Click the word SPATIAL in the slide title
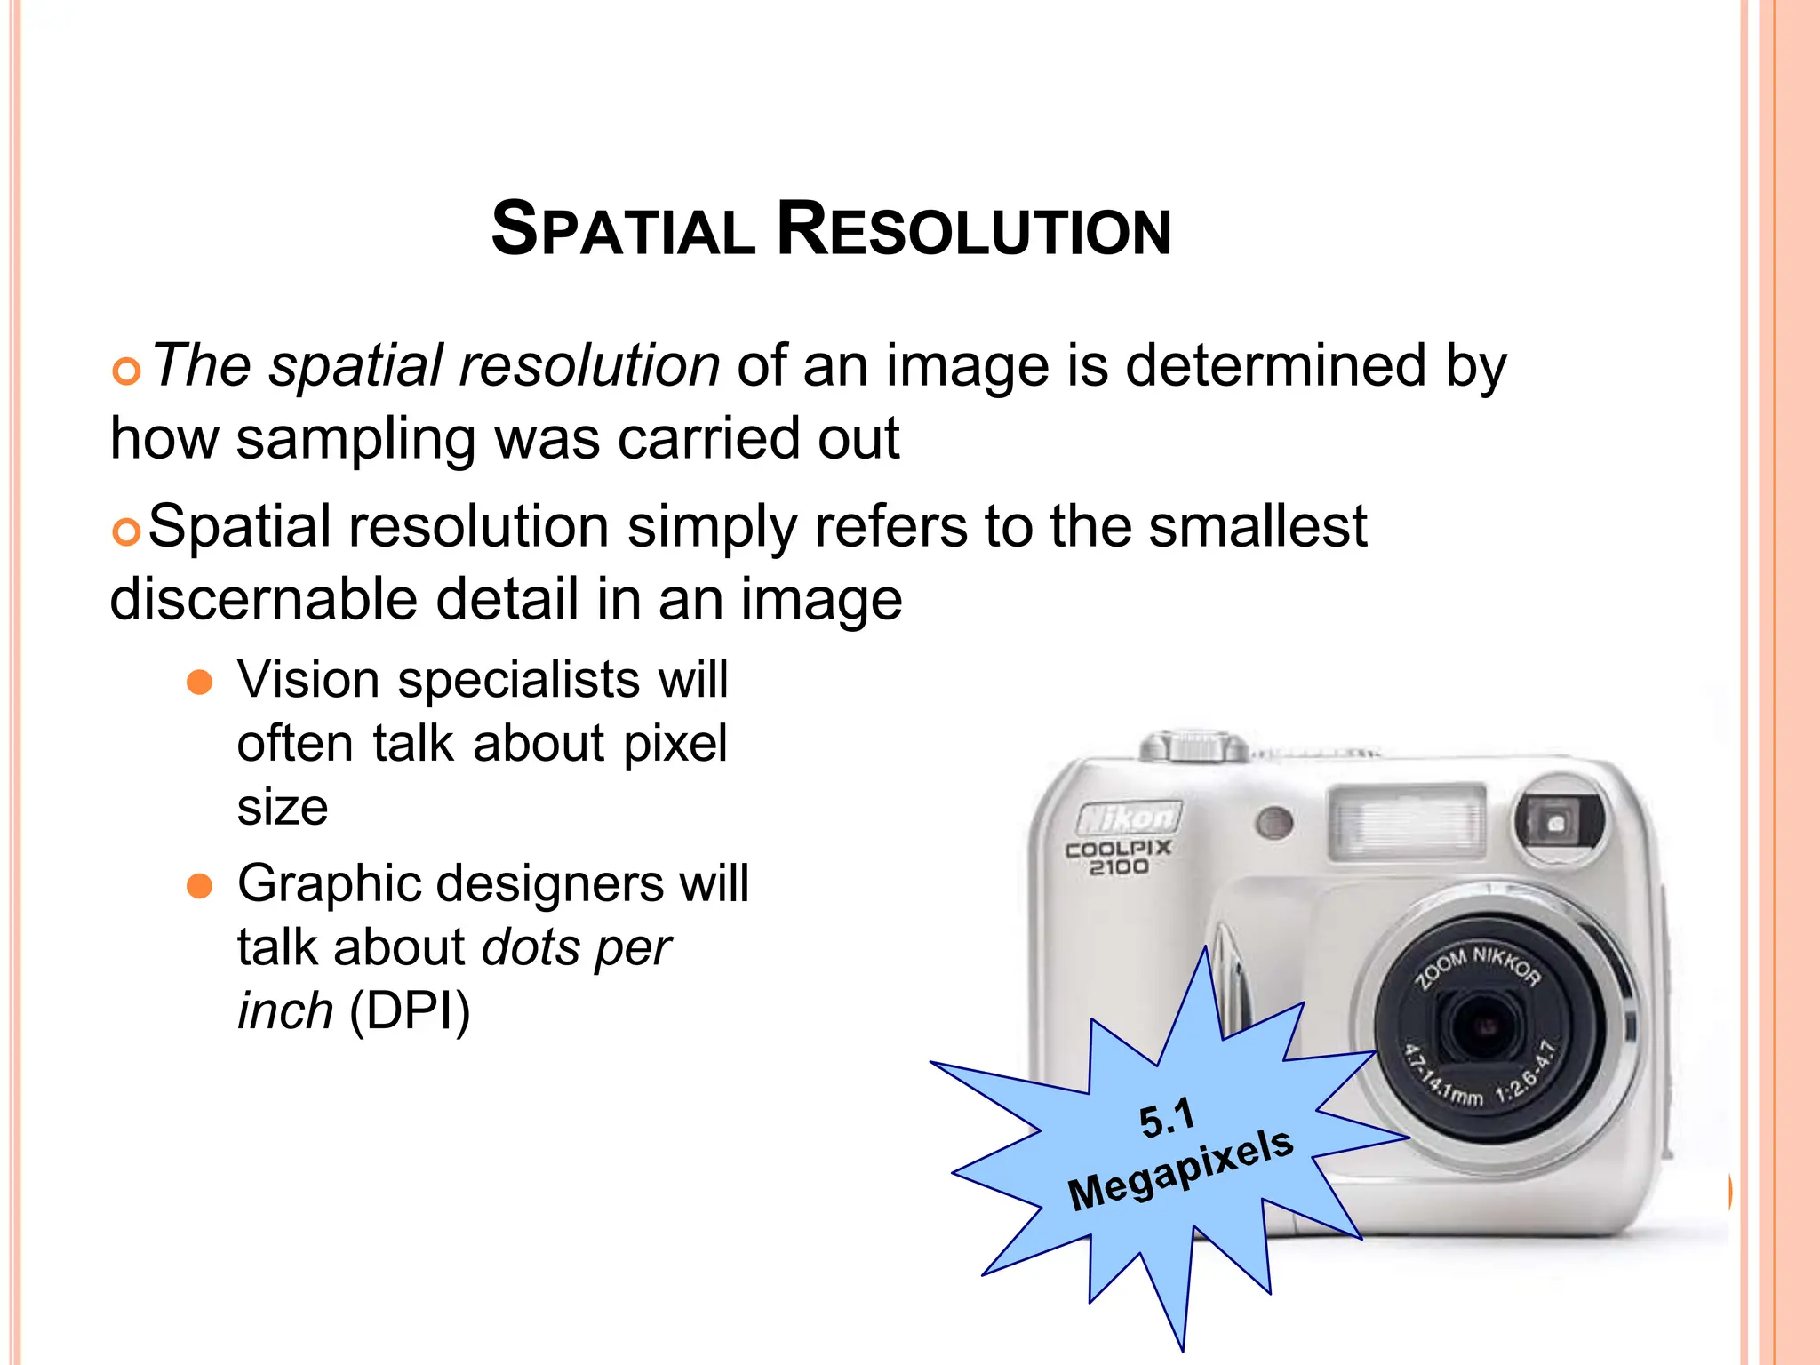point(623,229)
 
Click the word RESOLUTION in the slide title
point(974,229)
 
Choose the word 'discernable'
point(264,599)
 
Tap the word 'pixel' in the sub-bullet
point(675,744)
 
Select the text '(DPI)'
point(410,1011)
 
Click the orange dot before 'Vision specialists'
point(200,682)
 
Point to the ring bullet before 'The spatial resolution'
point(127,371)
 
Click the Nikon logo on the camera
point(1129,817)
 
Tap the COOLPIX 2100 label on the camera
point(1118,858)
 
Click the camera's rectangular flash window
point(1406,821)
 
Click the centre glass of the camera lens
point(1482,1026)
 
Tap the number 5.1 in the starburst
point(1167,1118)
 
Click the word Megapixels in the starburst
point(1180,1169)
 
